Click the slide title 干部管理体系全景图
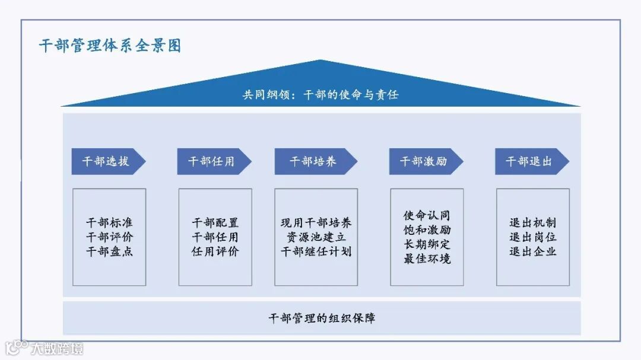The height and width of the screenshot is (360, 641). (x=110, y=46)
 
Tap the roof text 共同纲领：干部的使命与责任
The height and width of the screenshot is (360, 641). (x=320, y=94)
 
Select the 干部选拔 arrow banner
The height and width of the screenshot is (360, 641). (x=106, y=161)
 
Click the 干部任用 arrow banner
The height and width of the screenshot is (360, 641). (x=211, y=161)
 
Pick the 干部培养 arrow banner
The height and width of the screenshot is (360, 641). (x=313, y=161)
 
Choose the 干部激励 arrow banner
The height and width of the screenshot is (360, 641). (x=423, y=161)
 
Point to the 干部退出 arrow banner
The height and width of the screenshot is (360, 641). (x=529, y=161)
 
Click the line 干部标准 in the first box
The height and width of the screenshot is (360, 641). (x=109, y=223)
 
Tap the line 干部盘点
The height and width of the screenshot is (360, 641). (x=109, y=251)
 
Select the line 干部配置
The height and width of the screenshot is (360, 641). (x=215, y=223)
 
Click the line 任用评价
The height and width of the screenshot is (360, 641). (x=215, y=251)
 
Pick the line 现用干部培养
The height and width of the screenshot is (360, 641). (x=316, y=223)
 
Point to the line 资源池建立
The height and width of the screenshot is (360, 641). (x=316, y=237)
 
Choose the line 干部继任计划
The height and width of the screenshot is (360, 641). (x=316, y=251)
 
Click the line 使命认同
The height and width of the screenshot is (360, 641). (x=427, y=215)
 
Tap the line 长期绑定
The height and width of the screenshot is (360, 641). (x=427, y=244)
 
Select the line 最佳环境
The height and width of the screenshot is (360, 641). (x=427, y=259)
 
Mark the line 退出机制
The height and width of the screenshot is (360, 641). (x=532, y=223)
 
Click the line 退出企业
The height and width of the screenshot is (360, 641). (x=532, y=251)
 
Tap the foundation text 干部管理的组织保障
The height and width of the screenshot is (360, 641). (x=322, y=318)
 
